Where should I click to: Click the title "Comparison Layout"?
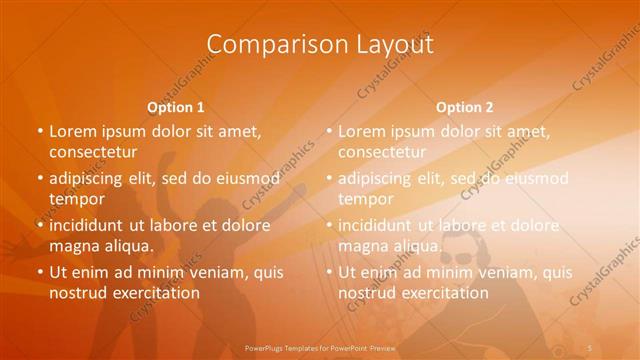(320, 45)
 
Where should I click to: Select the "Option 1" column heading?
(176, 107)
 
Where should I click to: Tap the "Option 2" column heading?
(465, 107)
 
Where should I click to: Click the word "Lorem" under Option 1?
(71, 131)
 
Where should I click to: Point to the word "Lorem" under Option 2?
(360, 131)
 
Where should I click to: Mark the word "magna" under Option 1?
(72, 245)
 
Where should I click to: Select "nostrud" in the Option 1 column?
(77, 293)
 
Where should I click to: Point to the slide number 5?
(592, 348)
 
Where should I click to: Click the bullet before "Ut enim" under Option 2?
(330, 272)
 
